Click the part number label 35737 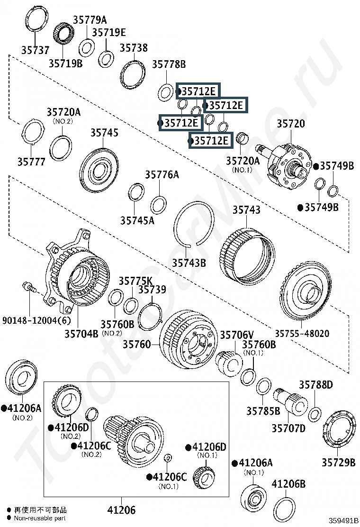[x=35, y=50]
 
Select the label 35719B [x=65, y=63]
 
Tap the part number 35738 [x=134, y=48]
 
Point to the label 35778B [x=169, y=64]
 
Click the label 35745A [x=137, y=220]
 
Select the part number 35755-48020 [x=302, y=334]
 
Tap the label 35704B [x=81, y=334]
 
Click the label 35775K [x=135, y=281]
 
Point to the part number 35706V [x=237, y=335]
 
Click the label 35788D [x=316, y=384]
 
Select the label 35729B [x=339, y=463]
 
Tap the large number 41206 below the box [x=122, y=510]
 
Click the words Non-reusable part [x=40, y=518]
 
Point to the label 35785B [x=263, y=411]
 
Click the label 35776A [x=162, y=175]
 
